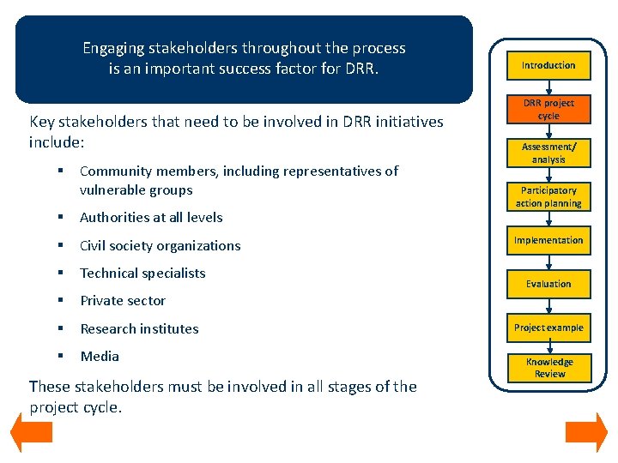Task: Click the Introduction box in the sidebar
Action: tap(548, 65)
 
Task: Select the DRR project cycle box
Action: tap(548, 109)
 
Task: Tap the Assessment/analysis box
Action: tap(548, 153)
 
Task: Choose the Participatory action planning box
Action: tap(548, 196)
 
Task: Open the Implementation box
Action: tap(548, 240)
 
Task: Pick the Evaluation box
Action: tap(548, 284)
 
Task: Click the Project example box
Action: tap(548, 328)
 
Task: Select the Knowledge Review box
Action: tap(549, 368)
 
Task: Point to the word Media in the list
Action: tap(100, 356)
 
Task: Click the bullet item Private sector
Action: tap(123, 301)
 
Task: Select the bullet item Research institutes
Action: tap(139, 328)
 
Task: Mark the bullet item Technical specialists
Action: tap(142, 274)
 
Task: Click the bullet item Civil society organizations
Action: tap(160, 246)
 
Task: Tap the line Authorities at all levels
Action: tap(151, 218)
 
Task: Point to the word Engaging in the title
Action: tap(116, 48)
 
